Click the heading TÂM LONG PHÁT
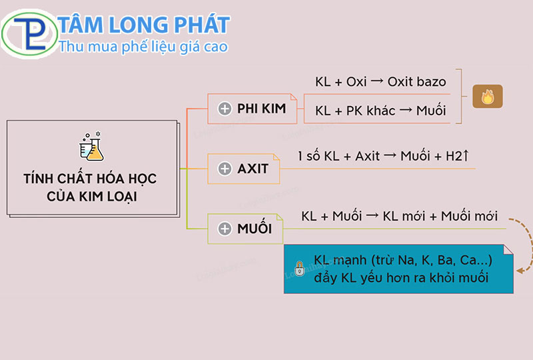144,25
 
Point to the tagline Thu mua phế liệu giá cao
143,47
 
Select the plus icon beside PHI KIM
225,109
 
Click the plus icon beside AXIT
225,169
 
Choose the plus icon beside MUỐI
225,229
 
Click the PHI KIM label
261,109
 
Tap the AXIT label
253,169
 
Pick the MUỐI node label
255,229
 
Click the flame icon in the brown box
487,97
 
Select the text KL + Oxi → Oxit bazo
380,82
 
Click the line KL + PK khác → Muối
380,111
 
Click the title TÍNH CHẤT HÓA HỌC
90,180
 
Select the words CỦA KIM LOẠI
90,198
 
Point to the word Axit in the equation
367,156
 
